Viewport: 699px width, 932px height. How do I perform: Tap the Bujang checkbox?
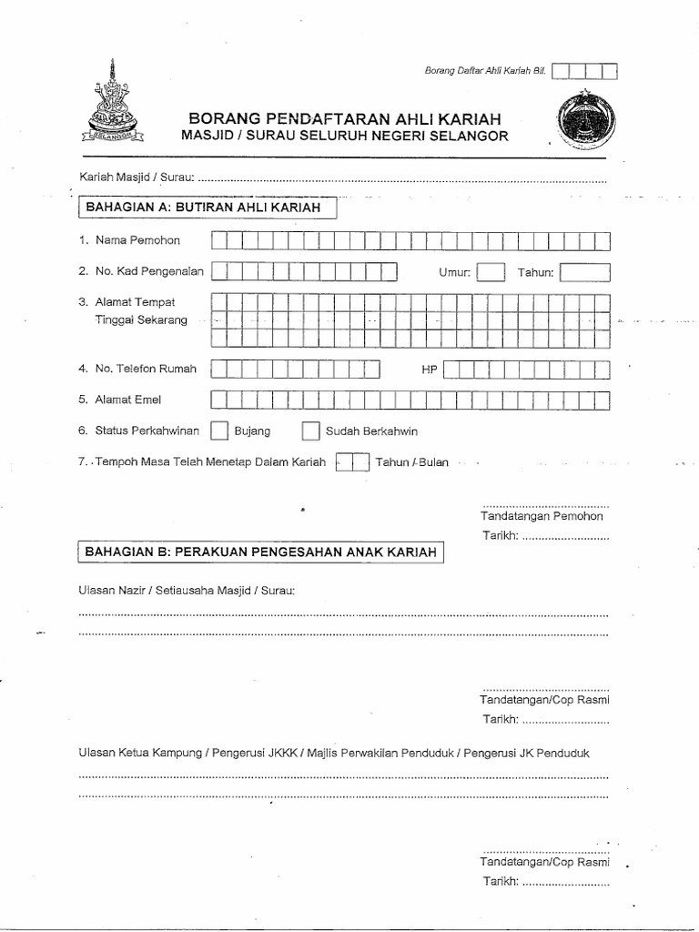(x=219, y=431)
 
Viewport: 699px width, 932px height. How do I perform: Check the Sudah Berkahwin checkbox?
(x=310, y=431)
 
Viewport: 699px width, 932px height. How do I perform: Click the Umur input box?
(x=491, y=272)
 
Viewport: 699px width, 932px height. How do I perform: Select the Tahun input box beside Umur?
(x=584, y=272)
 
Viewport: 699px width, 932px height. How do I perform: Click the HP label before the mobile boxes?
(x=430, y=370)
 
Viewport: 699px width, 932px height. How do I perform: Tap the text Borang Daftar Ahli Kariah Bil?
(x=485, y=71)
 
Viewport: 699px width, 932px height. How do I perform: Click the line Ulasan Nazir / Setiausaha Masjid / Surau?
(x=187, y=590)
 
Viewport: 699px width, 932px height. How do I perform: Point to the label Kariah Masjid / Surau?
(x=137, y=178)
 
